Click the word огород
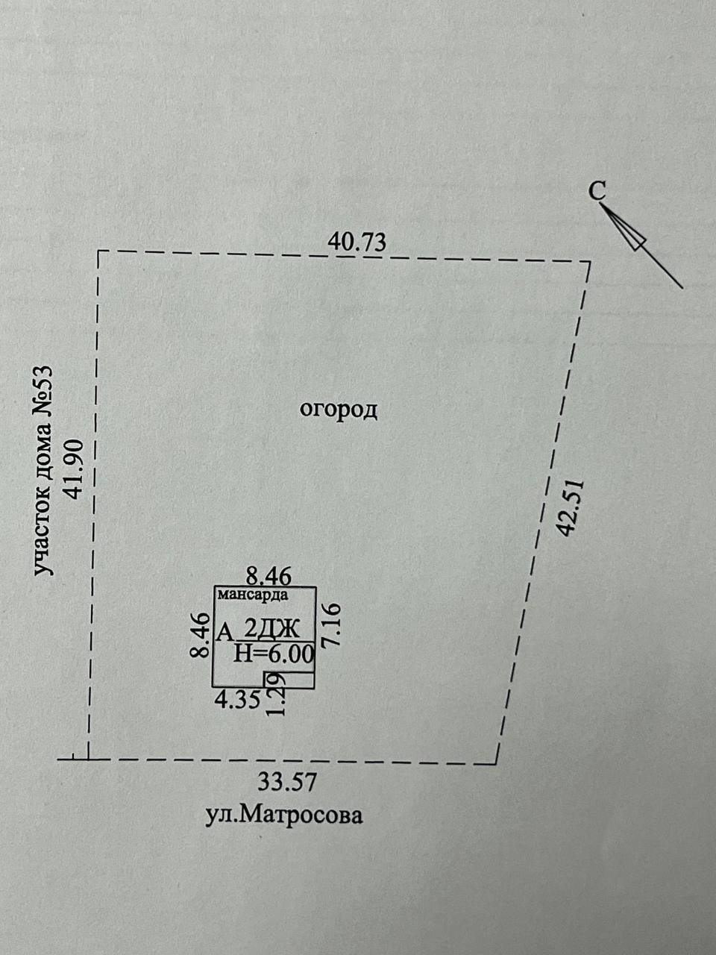339,410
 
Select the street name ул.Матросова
284,815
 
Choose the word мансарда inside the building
253,595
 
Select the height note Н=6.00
274,654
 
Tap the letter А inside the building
223,633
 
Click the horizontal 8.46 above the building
268,575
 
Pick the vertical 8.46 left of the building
199,635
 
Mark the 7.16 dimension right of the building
332,625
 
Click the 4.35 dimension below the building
236,700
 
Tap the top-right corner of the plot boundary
590,262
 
